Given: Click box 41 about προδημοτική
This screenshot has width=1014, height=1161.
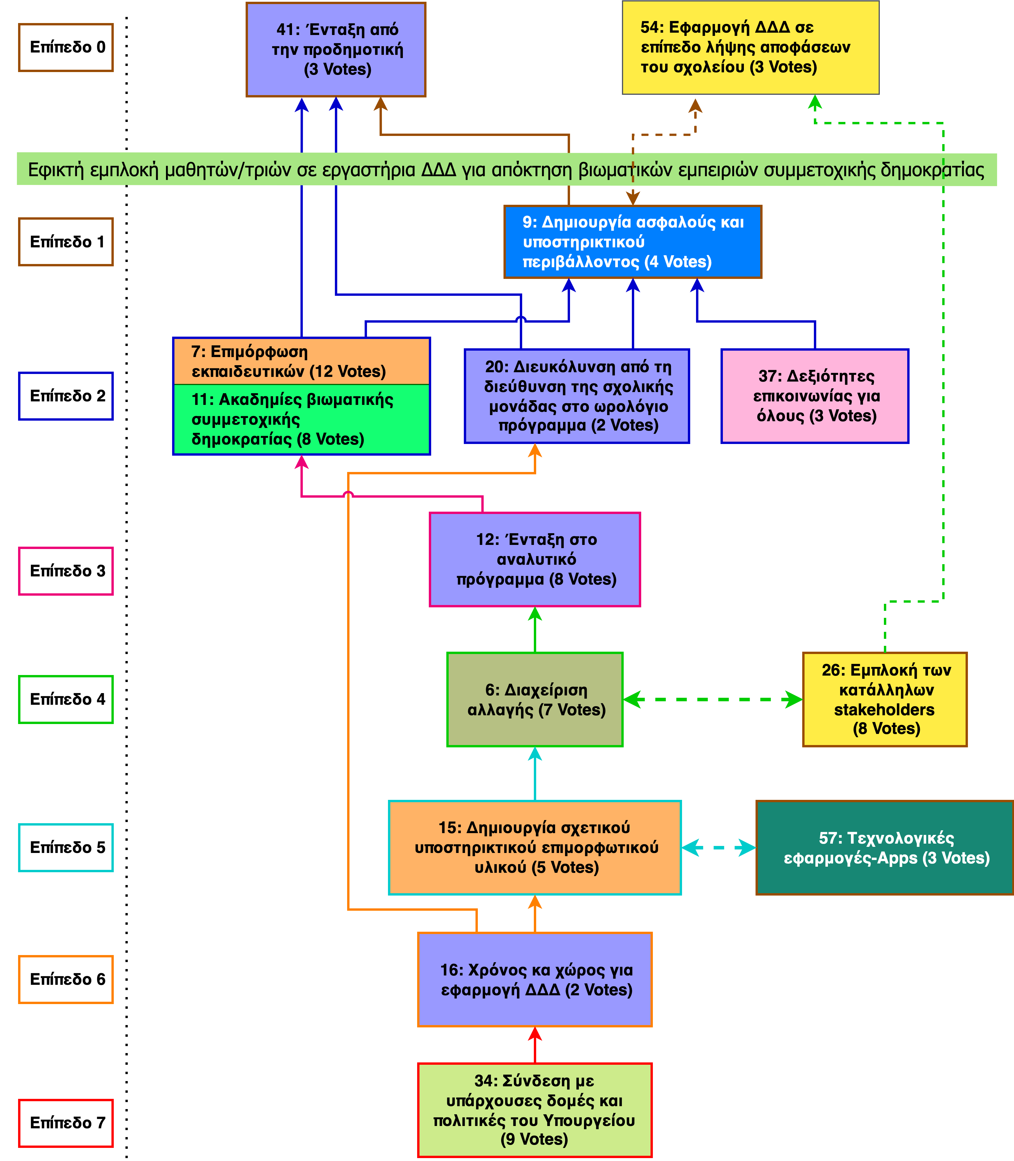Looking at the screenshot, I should [x=336, y=50].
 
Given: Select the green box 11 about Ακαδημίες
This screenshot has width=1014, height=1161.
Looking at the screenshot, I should [x=301, y=419].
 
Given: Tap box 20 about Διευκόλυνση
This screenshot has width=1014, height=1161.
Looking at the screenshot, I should [x=577, y=396].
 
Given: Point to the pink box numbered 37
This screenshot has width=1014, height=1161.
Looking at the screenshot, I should [x=815, y=396].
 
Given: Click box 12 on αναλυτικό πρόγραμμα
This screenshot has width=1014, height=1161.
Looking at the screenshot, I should [x=535, y=559].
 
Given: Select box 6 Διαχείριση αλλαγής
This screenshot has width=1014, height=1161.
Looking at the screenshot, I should [x=535, y=700].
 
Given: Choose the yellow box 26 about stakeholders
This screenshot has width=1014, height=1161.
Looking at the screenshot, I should [x=885, y=700].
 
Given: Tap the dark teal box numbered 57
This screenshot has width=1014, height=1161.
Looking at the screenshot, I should [x=885, y=847].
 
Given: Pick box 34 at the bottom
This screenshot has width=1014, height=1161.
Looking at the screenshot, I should [x=535, y=1110].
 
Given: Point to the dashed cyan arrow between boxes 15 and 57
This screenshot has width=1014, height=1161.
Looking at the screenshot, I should [x=718, y=847].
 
